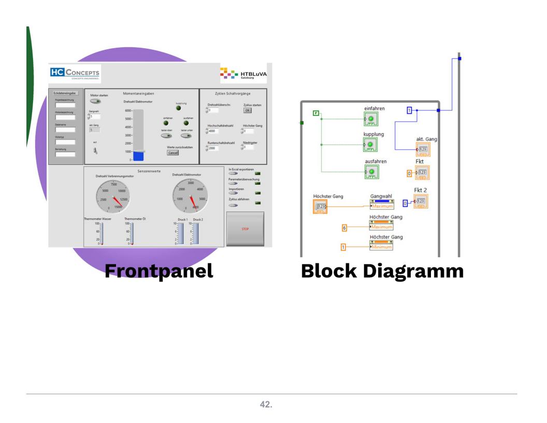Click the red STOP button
(x=245, y=229)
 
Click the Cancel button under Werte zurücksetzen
(x=172, y=153)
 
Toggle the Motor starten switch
(x=96, y=102)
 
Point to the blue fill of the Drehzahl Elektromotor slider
(x=138, y=156)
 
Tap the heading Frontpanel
(x=159, y=271)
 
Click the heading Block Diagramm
(x=382, y=271)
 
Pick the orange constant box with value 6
(x=344, y=227)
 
